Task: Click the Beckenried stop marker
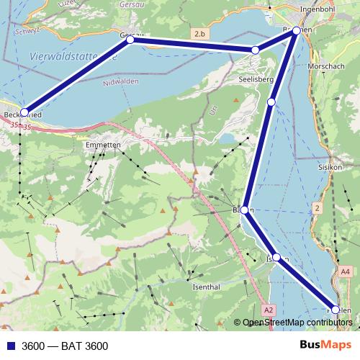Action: (x=24, y=112)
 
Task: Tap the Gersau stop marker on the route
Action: (x=130, y=40)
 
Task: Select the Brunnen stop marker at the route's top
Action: (x=296, y=31)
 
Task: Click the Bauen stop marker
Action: (x=244, y=210)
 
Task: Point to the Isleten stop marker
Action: (x=276, y=257)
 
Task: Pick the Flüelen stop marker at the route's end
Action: (x=335, y=309)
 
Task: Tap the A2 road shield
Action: (x=269, y=310)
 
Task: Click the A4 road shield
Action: (x=346, y=271)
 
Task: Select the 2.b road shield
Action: (x=199, y=34)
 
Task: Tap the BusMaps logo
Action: (x=325, y=346)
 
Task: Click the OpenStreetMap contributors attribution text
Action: (x=297, y=323)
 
